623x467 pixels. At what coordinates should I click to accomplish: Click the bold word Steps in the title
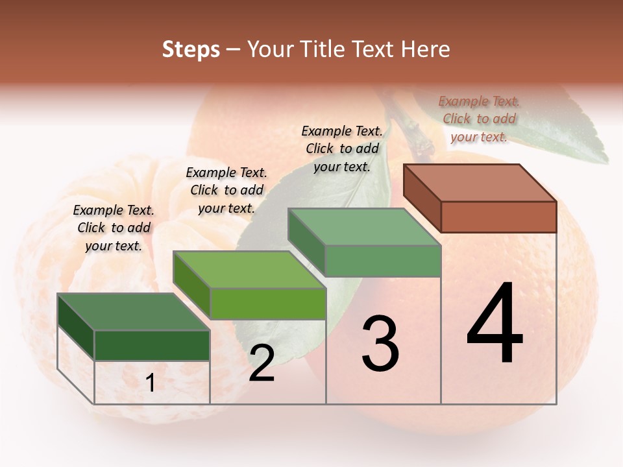[191, 49]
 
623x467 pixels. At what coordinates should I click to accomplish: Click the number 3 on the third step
[380, 343]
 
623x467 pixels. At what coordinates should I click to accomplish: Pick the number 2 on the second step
[262, 363]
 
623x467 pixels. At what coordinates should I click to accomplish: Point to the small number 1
[151, 383]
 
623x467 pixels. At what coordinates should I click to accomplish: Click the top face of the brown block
[480, 182]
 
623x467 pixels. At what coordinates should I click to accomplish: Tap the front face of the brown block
[498, 217]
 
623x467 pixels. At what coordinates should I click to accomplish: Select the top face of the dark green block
[134, 311]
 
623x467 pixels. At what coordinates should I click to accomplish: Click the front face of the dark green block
[152, 345]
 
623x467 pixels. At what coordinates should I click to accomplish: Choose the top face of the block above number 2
[249, 269]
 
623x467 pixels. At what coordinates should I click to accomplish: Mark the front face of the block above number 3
[383, 261]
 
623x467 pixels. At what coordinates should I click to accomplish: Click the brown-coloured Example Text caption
[479, 119]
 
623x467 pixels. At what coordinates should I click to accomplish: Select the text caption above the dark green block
[114, 228]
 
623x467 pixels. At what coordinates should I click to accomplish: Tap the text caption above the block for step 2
[226, 190]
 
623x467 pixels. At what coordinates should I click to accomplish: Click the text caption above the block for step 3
[342, 149]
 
